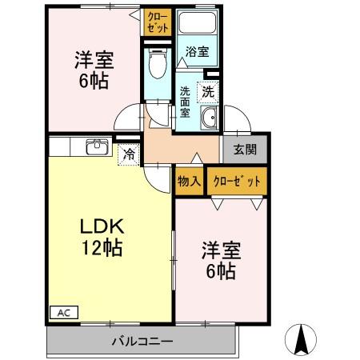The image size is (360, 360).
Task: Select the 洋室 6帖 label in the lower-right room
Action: click(x=217, y=259)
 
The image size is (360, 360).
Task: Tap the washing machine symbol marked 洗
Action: click(x=207, y=92)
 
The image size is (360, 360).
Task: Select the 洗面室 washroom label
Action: click(x=184, y=102)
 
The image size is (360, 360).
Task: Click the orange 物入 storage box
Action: click(x=189, y=180)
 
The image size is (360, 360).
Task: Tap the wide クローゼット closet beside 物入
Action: click(x=236, y=181)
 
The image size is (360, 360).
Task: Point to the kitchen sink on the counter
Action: click(x=98, y=146)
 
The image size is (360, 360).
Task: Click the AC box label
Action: click(x=61, y=313)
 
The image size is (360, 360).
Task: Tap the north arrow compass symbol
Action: click(x=303, y=340)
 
